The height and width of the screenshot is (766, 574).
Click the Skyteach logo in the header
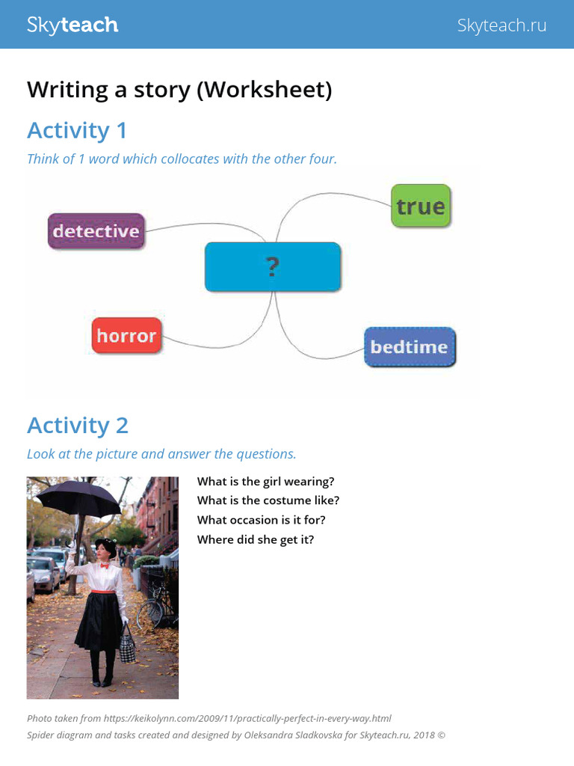point(72,25)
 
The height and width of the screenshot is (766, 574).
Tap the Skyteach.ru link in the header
point(502,25)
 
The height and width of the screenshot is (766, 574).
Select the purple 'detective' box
point(96,231)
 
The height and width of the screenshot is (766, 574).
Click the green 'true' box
point(421,206)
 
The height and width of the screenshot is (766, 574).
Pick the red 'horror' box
point(126,336)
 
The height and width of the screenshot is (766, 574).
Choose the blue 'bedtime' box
point(409,347)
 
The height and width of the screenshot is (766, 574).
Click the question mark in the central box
point(272,267)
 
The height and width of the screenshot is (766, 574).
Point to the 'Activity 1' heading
point(77,130)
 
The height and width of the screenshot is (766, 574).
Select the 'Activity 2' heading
point(78,425)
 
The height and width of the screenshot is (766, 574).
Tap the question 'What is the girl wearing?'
point(265,482)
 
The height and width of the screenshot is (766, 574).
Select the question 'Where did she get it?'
point(256,539)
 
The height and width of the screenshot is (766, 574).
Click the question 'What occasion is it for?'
point(261,520)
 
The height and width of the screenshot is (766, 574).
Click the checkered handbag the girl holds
point(127,645)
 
